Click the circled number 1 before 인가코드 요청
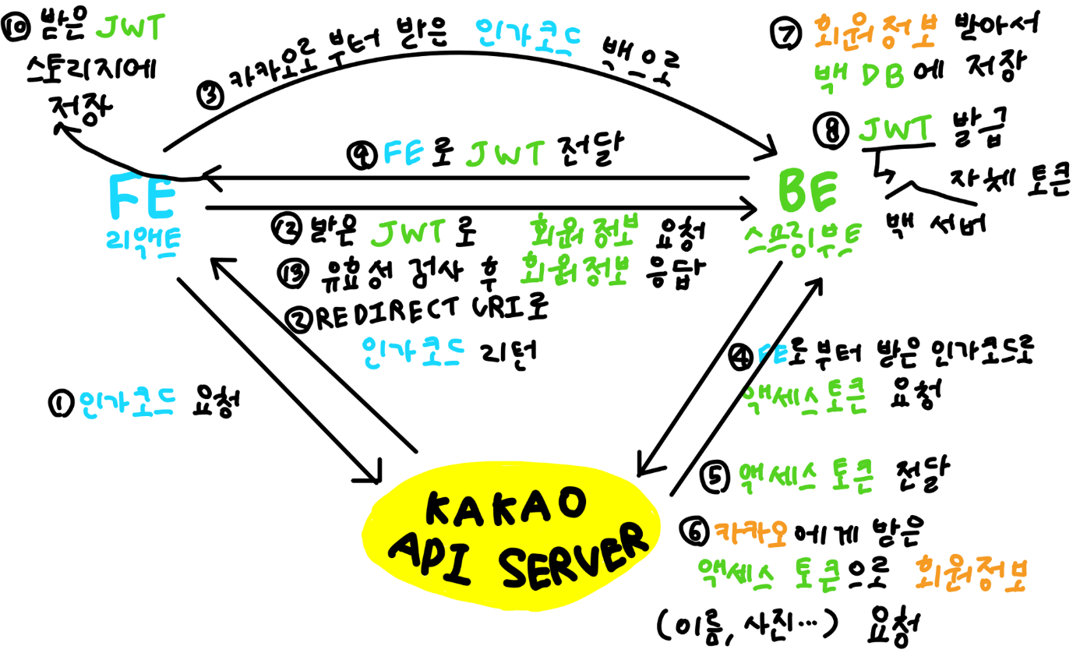(60, 404)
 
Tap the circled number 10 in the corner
(16, 30)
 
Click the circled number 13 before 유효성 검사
(290, 272)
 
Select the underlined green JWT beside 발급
(895, 129)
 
